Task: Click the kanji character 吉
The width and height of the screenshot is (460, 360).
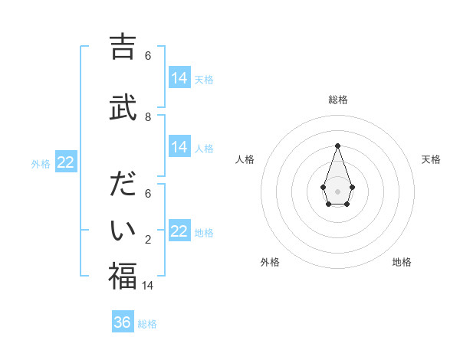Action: [x=123, y=47]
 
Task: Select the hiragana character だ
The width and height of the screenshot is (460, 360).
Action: [x=123, y=185]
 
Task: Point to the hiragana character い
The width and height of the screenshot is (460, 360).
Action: [x=123, y=230]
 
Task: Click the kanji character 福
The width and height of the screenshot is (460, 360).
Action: [x=123, y=276]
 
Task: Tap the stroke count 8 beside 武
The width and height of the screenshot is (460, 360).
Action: [x=148, y=117]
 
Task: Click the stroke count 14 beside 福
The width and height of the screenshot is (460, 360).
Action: [x=148, y=285]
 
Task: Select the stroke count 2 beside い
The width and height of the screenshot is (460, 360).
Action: [x=148, y=240]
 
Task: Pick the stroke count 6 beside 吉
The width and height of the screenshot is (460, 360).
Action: [x=148, y=56]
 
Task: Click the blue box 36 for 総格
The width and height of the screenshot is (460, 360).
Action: [x=123, y=322]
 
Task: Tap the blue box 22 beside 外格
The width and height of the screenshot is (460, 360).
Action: [x=66, y=162]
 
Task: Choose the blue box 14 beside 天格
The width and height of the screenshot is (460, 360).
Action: [x=179, y=78]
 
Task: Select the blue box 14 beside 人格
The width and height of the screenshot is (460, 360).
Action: [x=179, y=147]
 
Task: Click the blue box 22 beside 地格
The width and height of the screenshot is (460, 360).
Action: [x=179, y=231]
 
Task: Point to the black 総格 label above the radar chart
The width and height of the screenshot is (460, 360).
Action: [x=338, y=100]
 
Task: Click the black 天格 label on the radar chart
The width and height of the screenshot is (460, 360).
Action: [x=432, y=159]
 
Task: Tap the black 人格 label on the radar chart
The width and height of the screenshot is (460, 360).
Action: [x=245, y=159]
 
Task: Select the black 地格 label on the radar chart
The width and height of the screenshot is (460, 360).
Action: [x=402, y=262]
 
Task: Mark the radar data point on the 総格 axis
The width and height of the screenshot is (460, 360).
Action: [x=337, y=145]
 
